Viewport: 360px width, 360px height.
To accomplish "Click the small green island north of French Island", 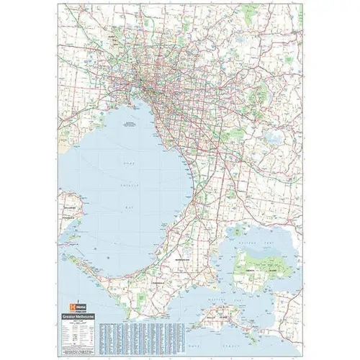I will point(238,231).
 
